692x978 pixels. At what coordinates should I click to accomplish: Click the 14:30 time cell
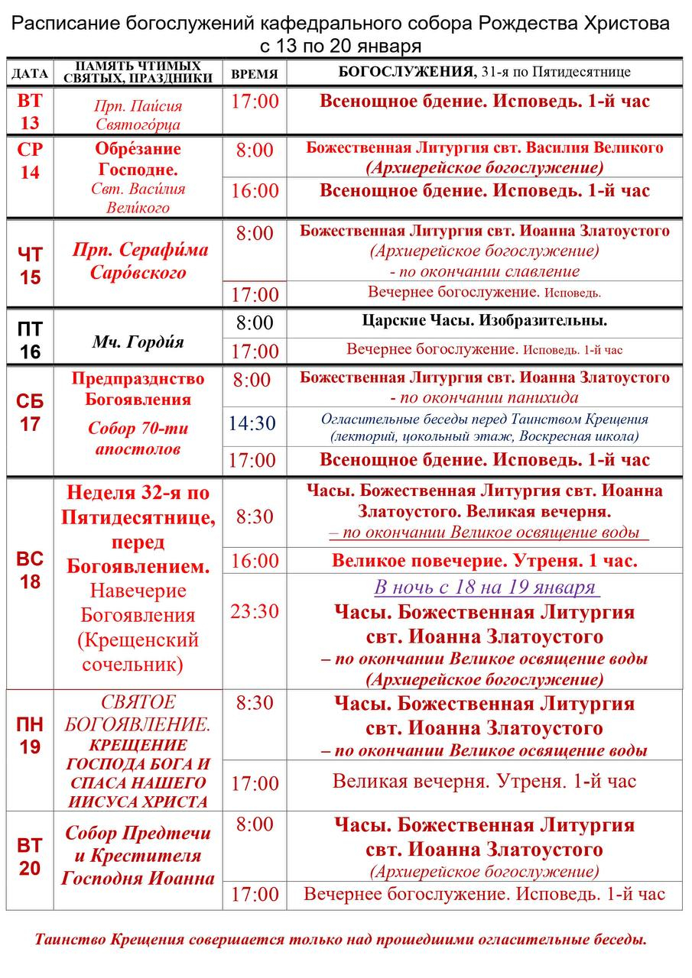pos(255,423)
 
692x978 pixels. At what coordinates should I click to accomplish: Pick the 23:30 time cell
pos(255,610)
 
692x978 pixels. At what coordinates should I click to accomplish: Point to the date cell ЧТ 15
pos(30,264)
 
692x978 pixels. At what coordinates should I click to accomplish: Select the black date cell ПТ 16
pos(30,340)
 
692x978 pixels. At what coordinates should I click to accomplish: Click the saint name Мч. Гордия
pos(138,342)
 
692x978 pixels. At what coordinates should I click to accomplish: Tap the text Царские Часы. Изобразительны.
pos(485,321)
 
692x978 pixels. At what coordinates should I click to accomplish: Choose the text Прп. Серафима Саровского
pos(140,261)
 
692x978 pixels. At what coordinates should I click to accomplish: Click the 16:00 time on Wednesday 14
pos(255,191)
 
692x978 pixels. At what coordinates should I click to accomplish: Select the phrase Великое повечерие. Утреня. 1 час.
pos(485,561)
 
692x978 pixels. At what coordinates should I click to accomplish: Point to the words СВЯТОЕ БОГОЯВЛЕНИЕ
pos(138,712)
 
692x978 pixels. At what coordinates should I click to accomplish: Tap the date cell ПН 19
pos(30,736)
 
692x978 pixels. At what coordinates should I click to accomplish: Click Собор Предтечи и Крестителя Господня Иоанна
pos(138,856)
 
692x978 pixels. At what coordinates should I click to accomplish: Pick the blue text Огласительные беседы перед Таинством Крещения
pos(485,419)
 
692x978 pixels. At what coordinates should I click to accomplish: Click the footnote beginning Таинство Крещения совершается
pos(341,939)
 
